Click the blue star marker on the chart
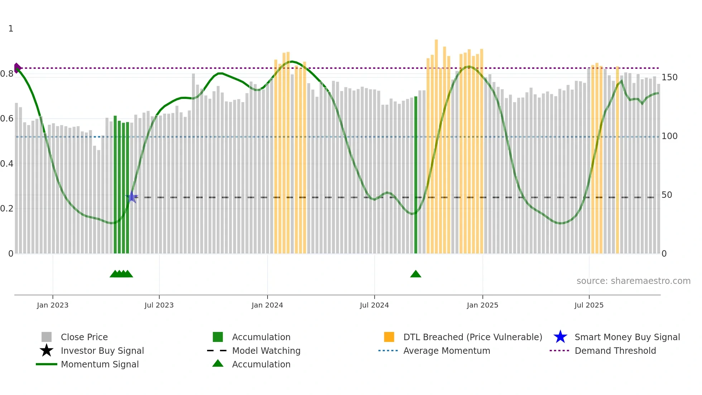pyautogui.click(x=132, y=197)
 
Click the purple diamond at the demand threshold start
pyautogui.click(x=17, y=68)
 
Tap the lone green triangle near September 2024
pyautogui.click(x=415, y=274)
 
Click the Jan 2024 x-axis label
pyautogui.click(x=267, y=305)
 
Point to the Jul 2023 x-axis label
pyautogui.click(x=159, y=305)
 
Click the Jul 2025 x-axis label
pyautogui.click(x=589, y=305)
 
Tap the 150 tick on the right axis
pyautogui.click(x=669, y=77)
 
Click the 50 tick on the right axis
pyautogui.click(x=667, y=195)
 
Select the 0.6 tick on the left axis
pyautogui.click(x=7, y=119)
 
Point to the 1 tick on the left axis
pyautogui.click(x=11, y=29)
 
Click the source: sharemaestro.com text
pyautogui.click(x=633, y=281)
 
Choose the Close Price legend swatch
pyautogui.click(x=47, y=337)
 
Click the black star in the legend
pyautogui.click(x=47, y=351)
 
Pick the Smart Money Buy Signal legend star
pyautogui.click(x=560, y=337)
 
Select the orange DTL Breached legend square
pyautogui.click(x=389, y=337)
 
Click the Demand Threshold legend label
pyautogui.click(x=615, y=351)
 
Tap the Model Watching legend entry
pyautogui.click(x=266, y=351)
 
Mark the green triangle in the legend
pyautogui.click(x=218, y=363)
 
